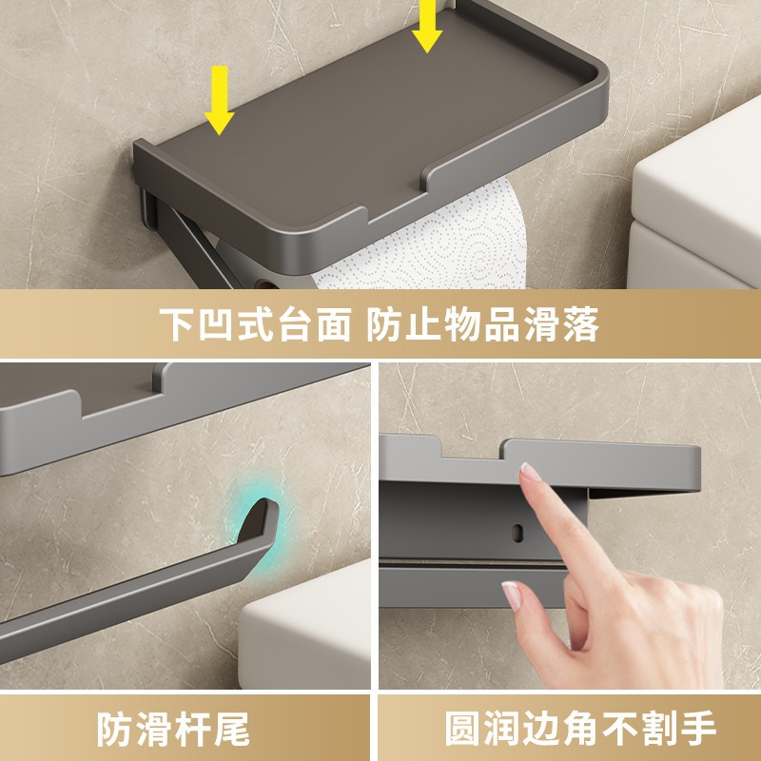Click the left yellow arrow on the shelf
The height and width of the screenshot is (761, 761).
point(219,100)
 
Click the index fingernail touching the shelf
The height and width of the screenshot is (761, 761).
point(530,472)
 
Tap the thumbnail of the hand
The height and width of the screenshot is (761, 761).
point(512,595)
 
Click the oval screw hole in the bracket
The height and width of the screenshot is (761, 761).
point(517,533)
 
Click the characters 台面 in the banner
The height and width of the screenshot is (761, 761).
point(314,324)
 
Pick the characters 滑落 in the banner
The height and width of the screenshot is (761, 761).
point(561,324)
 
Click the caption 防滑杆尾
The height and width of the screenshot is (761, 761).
point(173,729)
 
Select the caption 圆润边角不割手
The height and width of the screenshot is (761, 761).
point(580,728)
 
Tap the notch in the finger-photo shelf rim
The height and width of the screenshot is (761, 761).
point(471,448)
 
